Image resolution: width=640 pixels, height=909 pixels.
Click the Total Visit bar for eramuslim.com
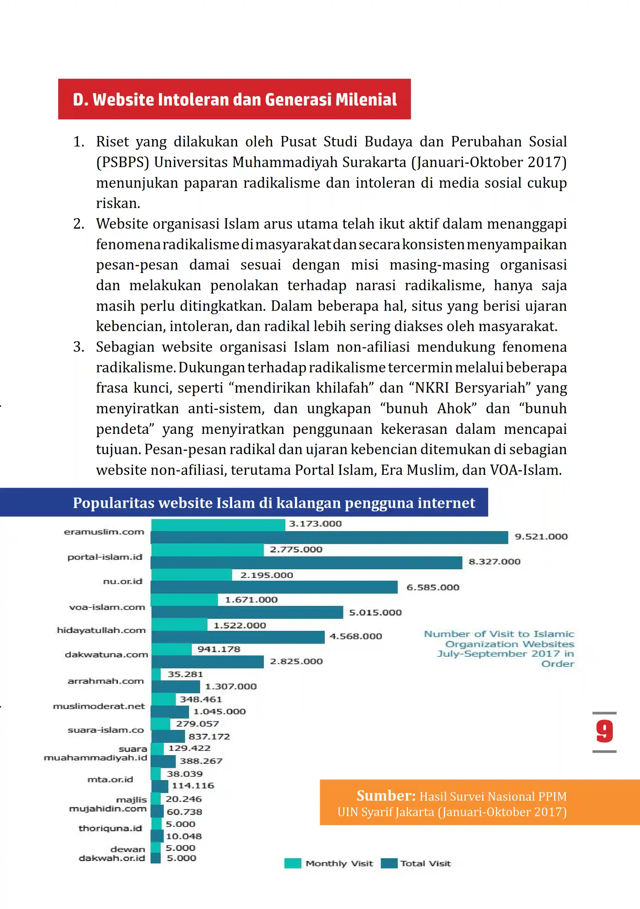click(x=329, y=537)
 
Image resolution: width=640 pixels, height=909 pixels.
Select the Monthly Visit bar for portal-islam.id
click(x=207, y=550)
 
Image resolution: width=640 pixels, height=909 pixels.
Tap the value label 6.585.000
click(x=433, y=587)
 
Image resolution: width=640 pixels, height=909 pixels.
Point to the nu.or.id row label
click(x=123, y=581)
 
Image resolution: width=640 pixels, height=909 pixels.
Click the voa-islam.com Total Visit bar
click(x=247, y=612)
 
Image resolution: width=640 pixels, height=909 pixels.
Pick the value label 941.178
click(x=219, y=649)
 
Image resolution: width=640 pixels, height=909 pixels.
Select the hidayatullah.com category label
click(x=101, y=630)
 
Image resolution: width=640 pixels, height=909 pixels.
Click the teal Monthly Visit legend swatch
click(x=293, y=863)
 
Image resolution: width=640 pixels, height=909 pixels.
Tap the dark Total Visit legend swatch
click(x=389, y=863)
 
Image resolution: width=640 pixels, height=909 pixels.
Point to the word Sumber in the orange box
click(x=386, y=796)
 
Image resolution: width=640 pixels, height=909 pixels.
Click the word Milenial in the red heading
click(x=366, y=99)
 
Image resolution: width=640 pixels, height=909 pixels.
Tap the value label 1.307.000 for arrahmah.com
click(x=231, y=686)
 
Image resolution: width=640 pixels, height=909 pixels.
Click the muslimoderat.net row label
click(x=99, y=706)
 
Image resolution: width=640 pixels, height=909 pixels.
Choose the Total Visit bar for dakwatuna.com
click(x=207, y=662)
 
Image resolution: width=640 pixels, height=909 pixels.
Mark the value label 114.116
click(x=193, y=785)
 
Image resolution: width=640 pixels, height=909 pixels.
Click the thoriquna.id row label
click(x=110, y=828)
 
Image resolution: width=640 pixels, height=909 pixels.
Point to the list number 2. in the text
click(x=79, y=224)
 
